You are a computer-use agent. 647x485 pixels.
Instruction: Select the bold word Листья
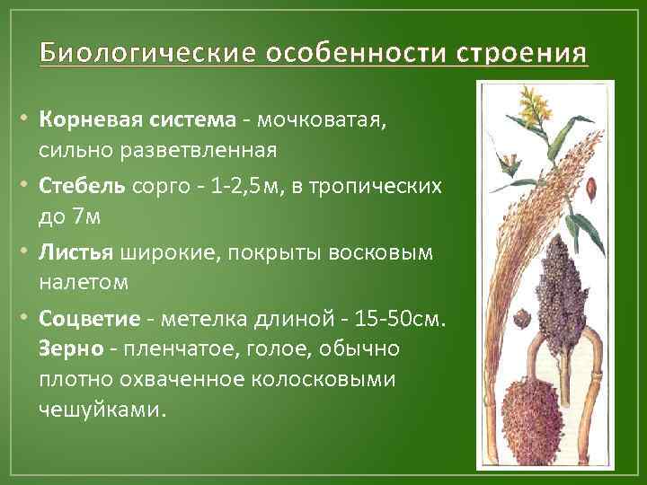[x=75, y=253]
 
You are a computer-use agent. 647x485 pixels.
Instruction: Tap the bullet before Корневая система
[x=28, y=121]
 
